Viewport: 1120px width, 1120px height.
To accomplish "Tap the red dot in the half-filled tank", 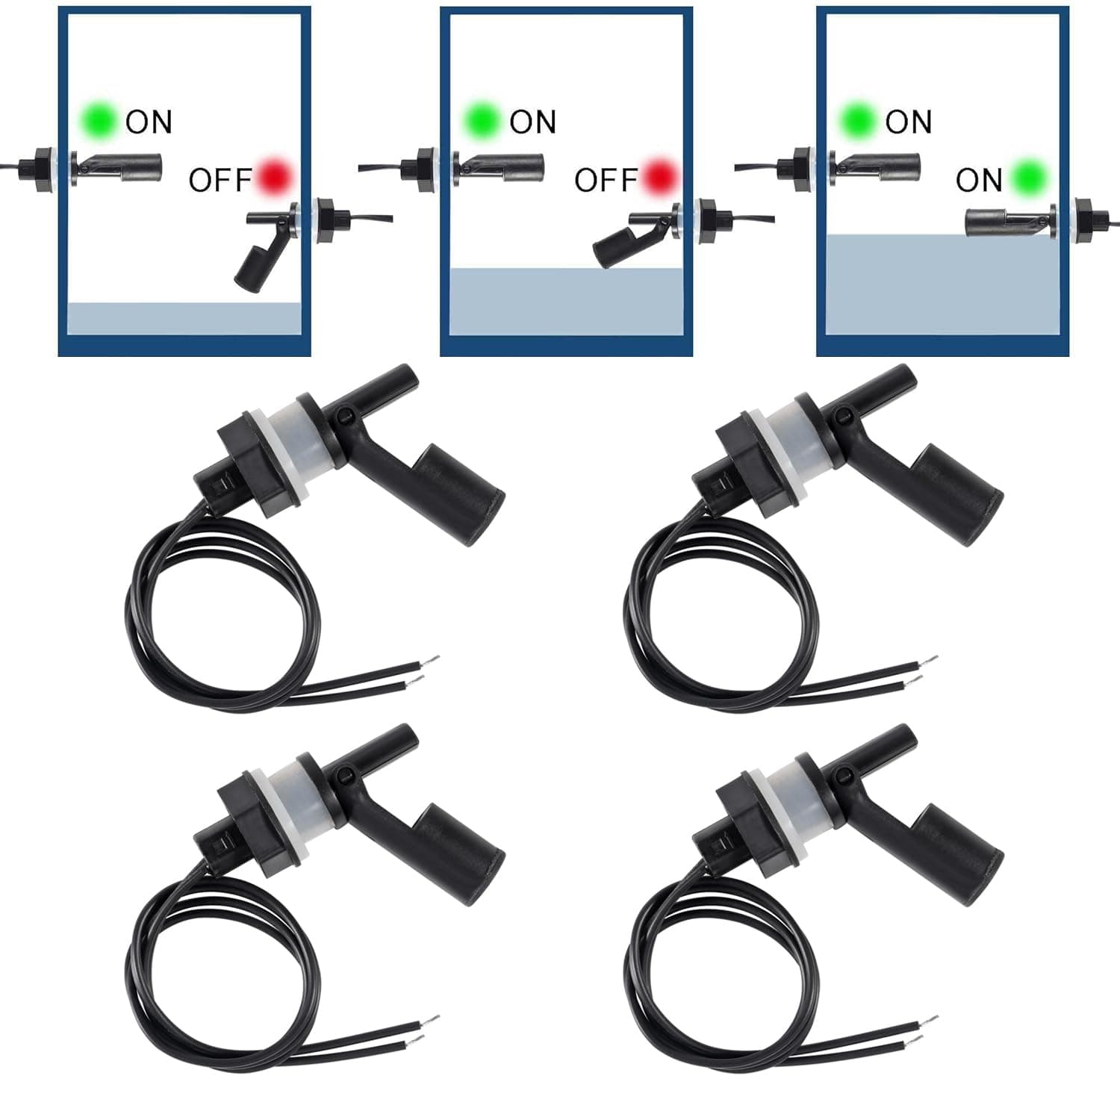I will click(660, 177).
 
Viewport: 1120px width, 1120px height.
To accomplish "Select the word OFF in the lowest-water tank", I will click(220, 180).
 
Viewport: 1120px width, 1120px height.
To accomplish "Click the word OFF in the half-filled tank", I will click(606, 180).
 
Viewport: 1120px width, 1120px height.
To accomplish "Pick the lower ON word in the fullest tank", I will click(978, 180).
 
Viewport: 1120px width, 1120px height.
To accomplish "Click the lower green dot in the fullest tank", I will click(1031, 177).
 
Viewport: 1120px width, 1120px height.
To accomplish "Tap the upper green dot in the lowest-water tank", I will click(99, 119).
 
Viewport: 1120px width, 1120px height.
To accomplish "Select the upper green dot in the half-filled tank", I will click(482, 119).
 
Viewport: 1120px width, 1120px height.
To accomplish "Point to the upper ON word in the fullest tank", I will click(908, 121).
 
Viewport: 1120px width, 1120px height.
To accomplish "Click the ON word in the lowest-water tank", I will click(149, 121).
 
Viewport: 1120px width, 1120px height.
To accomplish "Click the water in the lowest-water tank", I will click(184, 318).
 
